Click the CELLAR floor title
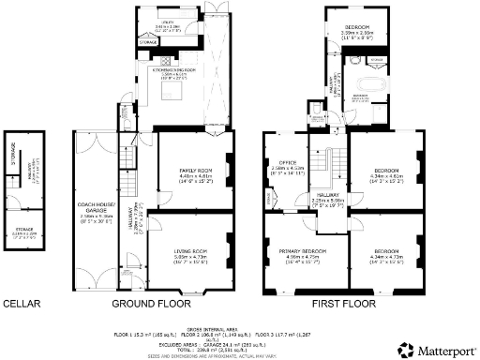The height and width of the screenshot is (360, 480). pyautogui.click(x=20, y=304)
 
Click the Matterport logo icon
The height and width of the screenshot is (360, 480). pyautogui.click(x=406, y=350)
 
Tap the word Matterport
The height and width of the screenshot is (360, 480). pyautogui.click(x=445, y=350)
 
